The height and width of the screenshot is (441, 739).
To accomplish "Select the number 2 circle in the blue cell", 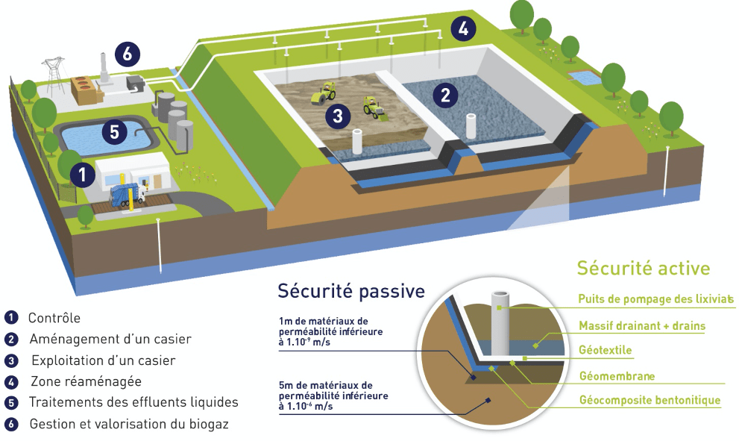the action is coord(445,95).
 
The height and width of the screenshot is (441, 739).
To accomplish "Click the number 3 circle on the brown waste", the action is coord(338,115).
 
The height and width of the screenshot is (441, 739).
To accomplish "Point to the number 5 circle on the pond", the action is coord(115,131).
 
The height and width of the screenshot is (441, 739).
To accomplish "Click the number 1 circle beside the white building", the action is coord(83,174).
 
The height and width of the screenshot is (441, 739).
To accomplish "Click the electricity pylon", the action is coord(54,75).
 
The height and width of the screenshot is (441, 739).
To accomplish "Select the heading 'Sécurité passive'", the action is coord(351,291).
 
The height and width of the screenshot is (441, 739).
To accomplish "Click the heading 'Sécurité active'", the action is coord(644,268).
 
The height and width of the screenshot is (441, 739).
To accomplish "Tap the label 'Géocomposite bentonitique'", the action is coord(650,400).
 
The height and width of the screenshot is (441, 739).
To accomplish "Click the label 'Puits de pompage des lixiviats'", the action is coord(655,299).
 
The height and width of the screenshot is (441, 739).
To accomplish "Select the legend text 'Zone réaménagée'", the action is coord(87,381).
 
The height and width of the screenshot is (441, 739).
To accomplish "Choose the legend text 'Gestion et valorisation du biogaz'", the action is coord(129,424).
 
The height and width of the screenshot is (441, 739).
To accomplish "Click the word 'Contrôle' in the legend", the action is coord(54,318).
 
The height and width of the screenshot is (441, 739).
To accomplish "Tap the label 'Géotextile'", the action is coord(606,350).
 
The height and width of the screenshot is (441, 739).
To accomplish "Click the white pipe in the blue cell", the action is coord(471,126).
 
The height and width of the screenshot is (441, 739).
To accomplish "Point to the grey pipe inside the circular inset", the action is coord(500,323).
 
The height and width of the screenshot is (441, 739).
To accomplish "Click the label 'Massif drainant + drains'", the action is coord(642,326).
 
